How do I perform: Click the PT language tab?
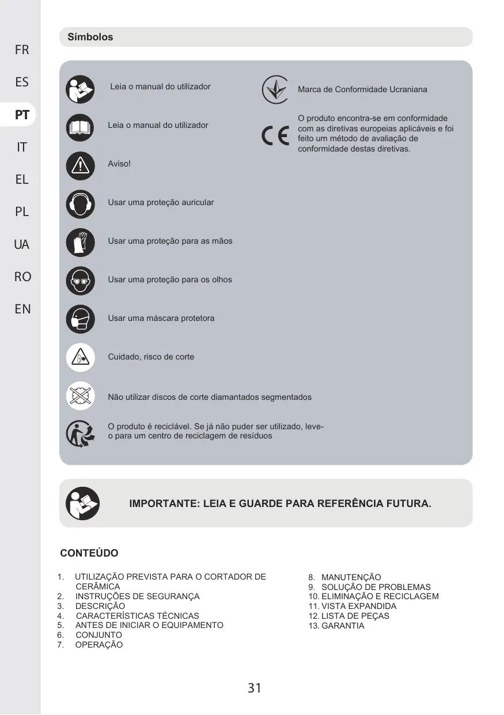click(x=22, y=115)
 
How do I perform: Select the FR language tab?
click(x=22, y=50)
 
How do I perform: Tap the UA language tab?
click(x=22, y=245)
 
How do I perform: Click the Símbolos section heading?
click(x=90, y=37)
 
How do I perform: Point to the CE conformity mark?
click(x=275, y=136)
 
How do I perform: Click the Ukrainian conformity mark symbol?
click(x=275, y=89)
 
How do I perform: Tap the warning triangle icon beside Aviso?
click(x=80, y=165)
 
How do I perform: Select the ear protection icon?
click(x=80, y=203)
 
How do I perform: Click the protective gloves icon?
click(x=80, y=242)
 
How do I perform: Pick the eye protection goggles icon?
click(x=80, y=281)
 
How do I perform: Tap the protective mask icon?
click(x=80, y=319)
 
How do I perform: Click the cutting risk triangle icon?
click(x=80, y=357)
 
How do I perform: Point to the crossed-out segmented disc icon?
click(x=80, y=396)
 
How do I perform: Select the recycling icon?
click(x=80, y=433)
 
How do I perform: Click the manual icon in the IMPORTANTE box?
click(x=82, y=503)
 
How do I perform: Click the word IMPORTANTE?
click(x=164, y=504)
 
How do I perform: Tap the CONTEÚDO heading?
click(x=89, y=553)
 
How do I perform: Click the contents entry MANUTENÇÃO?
click(x=351, y=577)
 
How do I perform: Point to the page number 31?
click(x=255, y=687)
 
